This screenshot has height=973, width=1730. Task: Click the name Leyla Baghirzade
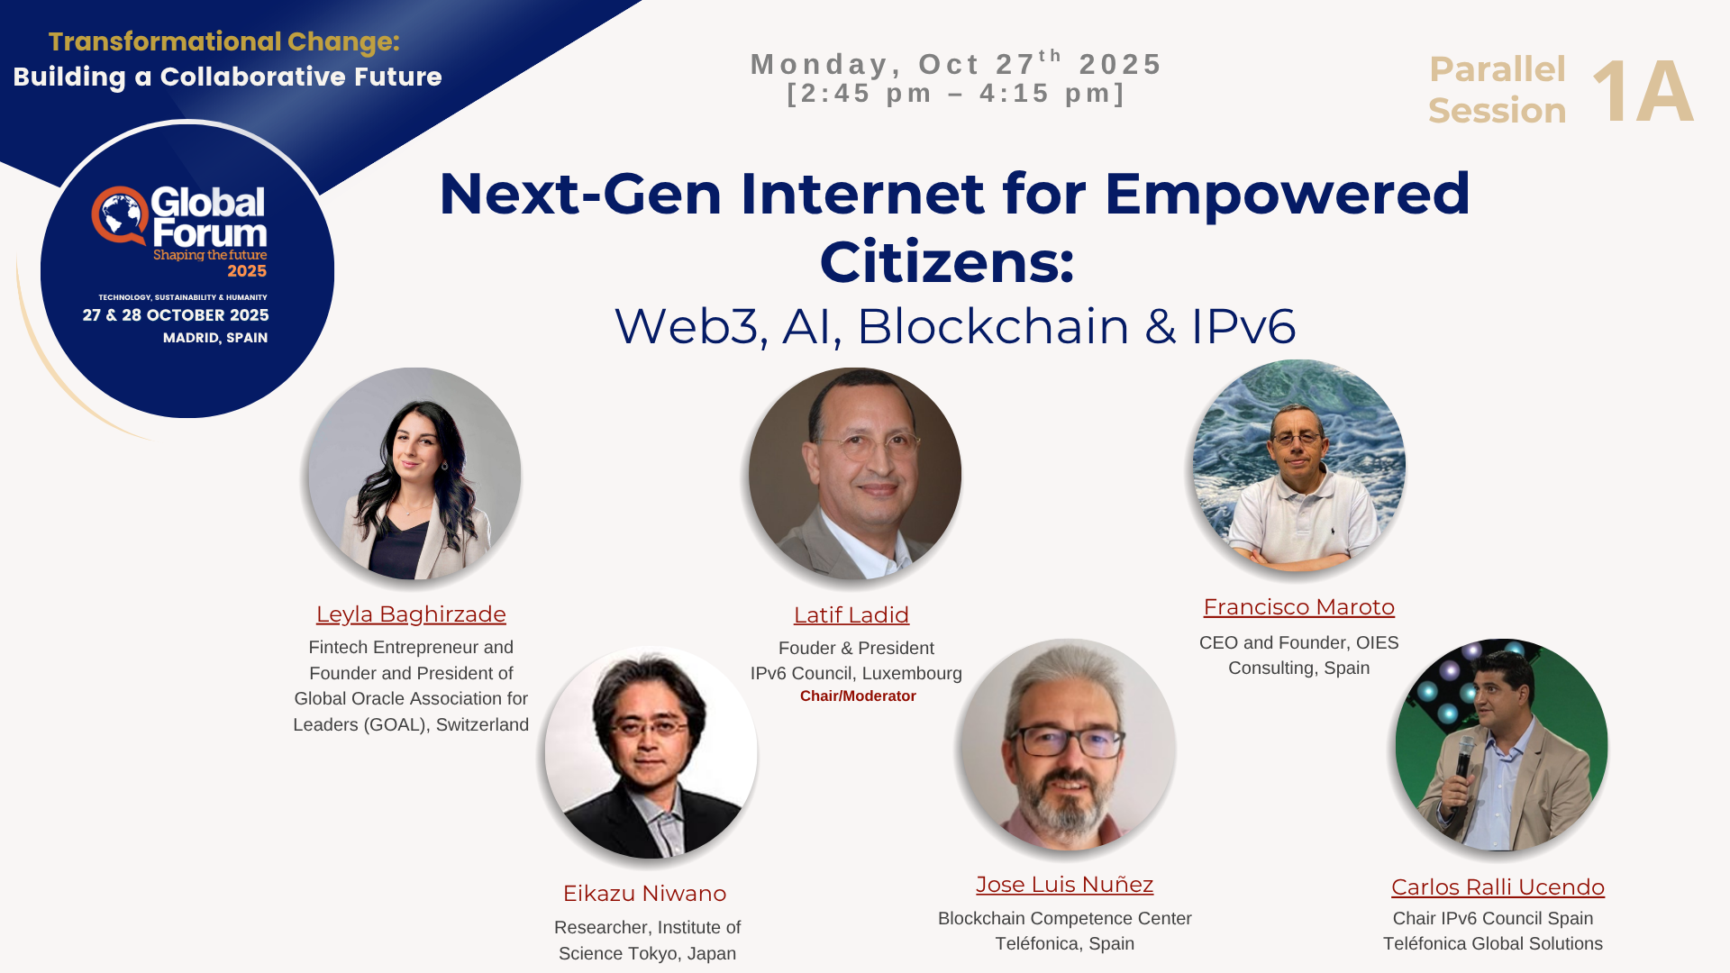tap(411, 614)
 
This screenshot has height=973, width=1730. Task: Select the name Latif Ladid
tap(851, 615)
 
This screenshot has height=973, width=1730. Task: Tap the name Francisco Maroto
tap(1299, 607)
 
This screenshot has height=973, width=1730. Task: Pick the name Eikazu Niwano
tap(644, 894)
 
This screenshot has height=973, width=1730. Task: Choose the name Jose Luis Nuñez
tap(1065, 885)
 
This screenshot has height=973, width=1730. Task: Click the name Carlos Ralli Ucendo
tap(1498, 887)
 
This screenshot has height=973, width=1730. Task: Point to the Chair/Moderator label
tap(858, 696)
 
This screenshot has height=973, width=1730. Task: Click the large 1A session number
tap(1643, 91)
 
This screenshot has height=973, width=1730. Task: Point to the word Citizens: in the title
tap(947, 262)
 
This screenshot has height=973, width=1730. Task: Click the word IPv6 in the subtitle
tap(1243, 326)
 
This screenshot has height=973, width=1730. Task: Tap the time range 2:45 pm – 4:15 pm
tap(957, 94)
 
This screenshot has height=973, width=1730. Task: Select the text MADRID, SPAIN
tap(215, 338)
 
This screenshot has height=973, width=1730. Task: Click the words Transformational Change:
tap(224, 41)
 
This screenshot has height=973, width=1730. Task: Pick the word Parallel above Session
tap(1498, 69)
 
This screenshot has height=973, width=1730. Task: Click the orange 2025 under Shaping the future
tap(247, 271)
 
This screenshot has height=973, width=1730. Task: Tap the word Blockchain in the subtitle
tap(993, 326)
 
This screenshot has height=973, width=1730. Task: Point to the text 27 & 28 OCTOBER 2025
tap(176, 315)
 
